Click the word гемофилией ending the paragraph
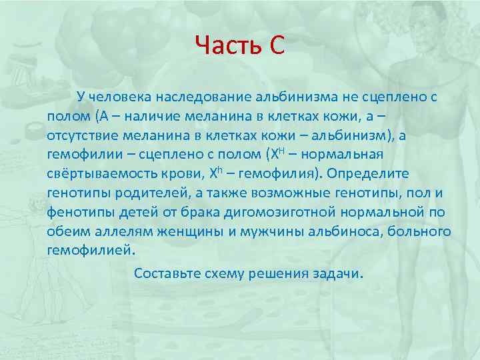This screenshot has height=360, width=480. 90,251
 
